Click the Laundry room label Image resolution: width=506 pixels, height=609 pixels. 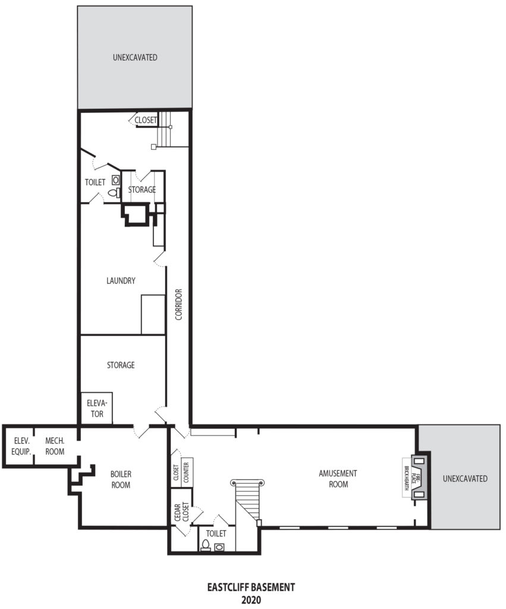(x=121, y=281)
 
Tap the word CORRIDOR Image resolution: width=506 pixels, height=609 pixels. (x=178, y=304)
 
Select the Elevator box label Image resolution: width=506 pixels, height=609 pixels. (x=97, y=409)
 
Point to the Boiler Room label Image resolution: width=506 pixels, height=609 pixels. (x=121, y=479)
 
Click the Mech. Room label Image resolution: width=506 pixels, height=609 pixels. (x=55, y=446)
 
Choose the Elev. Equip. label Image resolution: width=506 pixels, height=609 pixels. (x=21, y=446)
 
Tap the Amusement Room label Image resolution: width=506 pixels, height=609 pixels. (x=338, y=479)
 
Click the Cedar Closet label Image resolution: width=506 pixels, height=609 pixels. (x=181, y=512)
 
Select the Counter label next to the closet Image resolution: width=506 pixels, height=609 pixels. (x=186, y=472)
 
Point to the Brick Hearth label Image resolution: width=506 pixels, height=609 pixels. (x=406, y=478)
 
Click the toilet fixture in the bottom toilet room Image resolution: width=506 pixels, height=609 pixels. (x=205, y=545)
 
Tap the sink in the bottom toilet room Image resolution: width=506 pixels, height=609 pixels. (x=219, y=547)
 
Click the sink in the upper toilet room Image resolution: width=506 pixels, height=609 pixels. (x=115, y=180)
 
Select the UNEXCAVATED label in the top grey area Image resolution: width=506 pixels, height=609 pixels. (x=135, y=58)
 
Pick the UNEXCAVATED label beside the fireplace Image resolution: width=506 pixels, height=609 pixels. (x=465, y=479)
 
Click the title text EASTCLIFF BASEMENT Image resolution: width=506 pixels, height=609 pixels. (x=251, y=587)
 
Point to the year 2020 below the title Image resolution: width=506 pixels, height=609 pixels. (x=251, y=600)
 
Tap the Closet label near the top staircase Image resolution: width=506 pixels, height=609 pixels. (x=146, y=120)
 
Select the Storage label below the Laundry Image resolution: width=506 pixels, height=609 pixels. (x=121, y=365)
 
